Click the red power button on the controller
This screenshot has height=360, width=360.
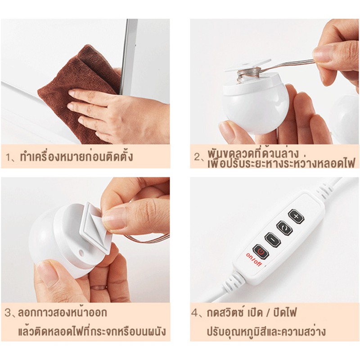[260, 251]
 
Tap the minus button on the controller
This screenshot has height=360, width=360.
[273, 240]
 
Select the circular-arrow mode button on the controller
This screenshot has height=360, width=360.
[284, 228]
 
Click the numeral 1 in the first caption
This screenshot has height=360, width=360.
[8, 158]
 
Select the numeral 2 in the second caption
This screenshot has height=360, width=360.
[197, 157]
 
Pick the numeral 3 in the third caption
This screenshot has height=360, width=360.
[8, 313]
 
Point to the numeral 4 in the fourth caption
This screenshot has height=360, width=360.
[195, 313]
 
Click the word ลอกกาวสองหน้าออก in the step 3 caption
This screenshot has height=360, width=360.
[63, 313]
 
